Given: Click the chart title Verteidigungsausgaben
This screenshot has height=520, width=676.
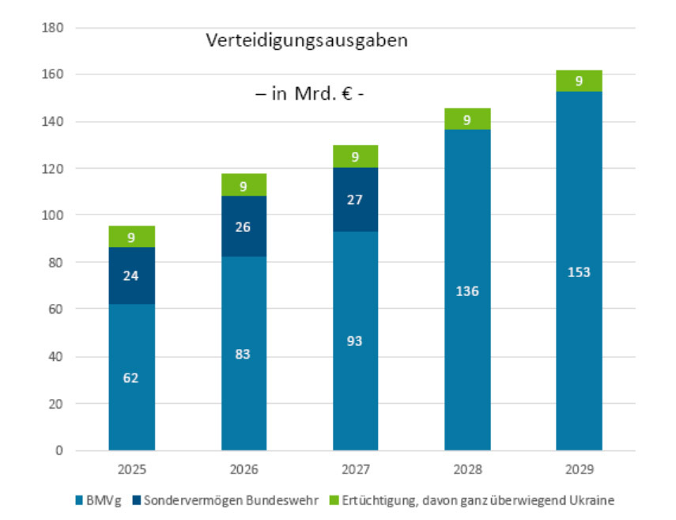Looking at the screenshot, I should (x=307, y=40).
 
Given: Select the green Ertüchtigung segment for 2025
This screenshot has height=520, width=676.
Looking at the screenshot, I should (x=131, y=237).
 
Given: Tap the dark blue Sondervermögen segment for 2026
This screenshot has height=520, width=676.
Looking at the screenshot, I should (x=244, y=226).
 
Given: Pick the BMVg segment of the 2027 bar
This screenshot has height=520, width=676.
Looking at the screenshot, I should (x=355, y=340).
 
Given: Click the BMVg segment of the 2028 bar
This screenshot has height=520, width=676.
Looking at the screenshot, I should (x=467, y=290).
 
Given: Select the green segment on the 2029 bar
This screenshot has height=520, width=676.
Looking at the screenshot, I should (x=579, y=81).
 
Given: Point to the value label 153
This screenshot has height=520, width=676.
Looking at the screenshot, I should (x=579, y=272).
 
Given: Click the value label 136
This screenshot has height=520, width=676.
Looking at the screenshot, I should (x=467, y=290).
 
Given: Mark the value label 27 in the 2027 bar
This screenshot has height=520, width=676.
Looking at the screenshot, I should (x=355, y=200).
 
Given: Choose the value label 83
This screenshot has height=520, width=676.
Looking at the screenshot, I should (x=243, y=354).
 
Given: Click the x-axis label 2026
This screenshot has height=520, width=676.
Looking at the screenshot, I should (x=243, y=469).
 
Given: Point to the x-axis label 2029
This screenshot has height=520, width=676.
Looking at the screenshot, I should (x=579, y=469).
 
